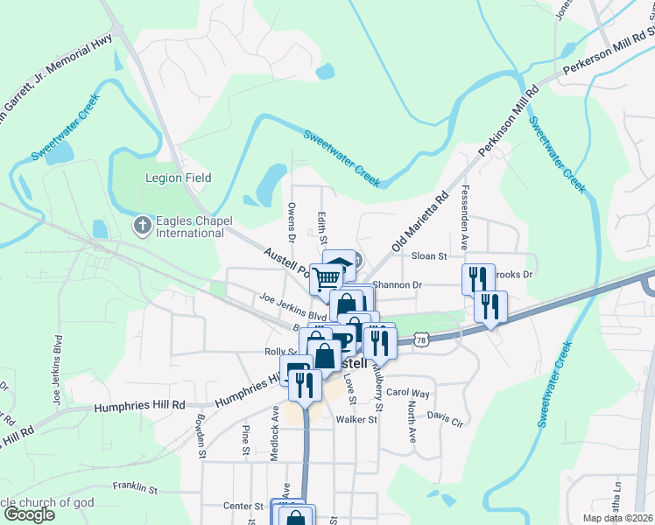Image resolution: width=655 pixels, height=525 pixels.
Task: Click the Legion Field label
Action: click(x=178, y=178)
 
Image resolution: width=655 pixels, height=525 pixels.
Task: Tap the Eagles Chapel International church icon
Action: click(x=143, y=227)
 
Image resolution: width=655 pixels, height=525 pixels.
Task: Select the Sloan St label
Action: click(x=429, y=256)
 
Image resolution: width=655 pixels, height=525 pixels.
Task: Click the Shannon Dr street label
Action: click(x=398, y=284)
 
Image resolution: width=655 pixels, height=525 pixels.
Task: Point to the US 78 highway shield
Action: click(x=422, y=339)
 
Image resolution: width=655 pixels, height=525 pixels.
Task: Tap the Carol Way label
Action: click(x=408, y=393)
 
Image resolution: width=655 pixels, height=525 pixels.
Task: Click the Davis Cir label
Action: click(x=444, y=420)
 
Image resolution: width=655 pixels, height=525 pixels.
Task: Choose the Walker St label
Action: click(x=356, y=420)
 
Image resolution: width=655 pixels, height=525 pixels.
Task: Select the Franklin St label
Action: click(x=134, y=487)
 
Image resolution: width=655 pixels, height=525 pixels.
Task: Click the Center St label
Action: click(x=243, y=506)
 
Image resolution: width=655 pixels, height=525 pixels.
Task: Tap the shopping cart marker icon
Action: click(x=326, y=279)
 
